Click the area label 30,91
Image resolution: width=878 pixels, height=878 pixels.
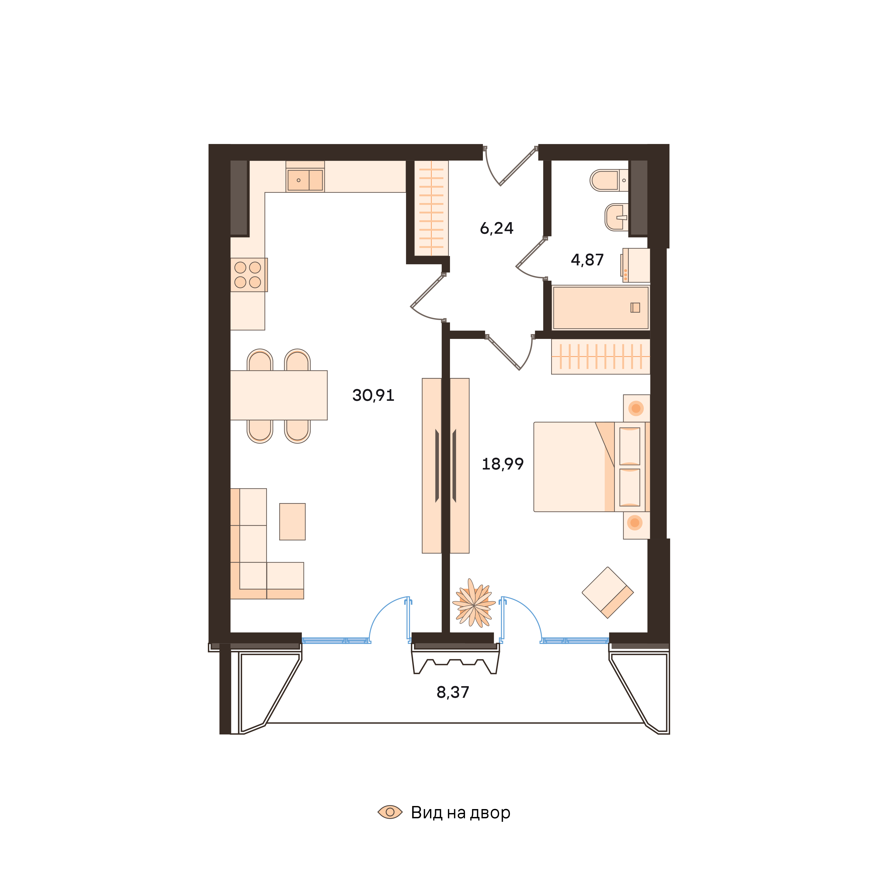click(373, 395)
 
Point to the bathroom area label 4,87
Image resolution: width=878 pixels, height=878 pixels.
click(587, 260)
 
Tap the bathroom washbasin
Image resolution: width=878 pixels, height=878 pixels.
click(616, 217)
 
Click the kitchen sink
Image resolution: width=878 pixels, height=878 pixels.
click(305, 180)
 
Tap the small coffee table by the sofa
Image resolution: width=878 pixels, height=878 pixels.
click(292, 522)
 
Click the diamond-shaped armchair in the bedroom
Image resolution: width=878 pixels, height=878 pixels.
click(608, 593)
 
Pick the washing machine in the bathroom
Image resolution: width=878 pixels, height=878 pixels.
click(636, 265)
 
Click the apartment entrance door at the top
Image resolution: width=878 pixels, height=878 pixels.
click(511, 166)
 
